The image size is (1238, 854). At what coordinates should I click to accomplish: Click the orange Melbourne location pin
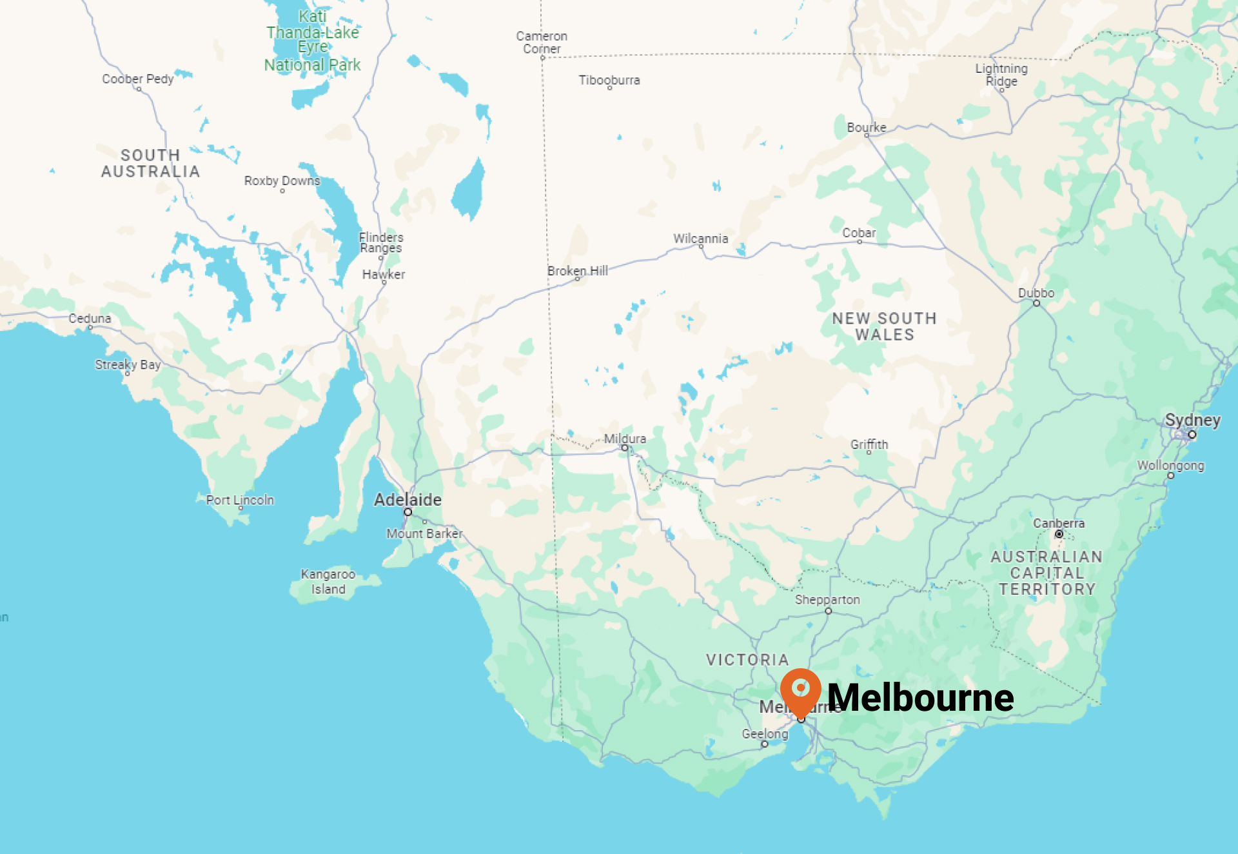pyautogui.click(x=800, y=690)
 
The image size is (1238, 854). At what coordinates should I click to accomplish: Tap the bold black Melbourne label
pyautogui.click(x=920, y=698)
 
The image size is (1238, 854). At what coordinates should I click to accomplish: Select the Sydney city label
pyautogui.click(x=1192, y=421)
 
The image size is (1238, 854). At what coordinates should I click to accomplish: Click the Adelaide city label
pyautogui.click(x=408, y=500)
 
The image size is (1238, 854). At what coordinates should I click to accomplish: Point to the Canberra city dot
pyautogui.click(x=1059, y=534)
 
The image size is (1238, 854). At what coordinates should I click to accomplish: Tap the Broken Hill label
pyautogui.click(x=577, y=271)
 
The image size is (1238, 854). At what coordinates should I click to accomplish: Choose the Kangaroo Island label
pyautogui.click(x=328, y=581)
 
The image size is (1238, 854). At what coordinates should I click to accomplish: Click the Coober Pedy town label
pyautogui.click(x=138, y=79)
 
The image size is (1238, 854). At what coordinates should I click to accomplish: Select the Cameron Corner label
pyautogui.click(x=542, y=43)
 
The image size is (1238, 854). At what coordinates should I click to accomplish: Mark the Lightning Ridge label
pyautogui.click(x=1001, y=75)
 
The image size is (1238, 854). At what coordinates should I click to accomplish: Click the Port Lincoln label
pyautogui.click(x=240, y=500)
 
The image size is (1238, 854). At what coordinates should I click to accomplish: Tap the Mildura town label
pyautogui.click(x=625, y=439)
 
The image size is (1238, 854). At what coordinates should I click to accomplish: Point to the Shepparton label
pyautogui.click(x=827, y=600)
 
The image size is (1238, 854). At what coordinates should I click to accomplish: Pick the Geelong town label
pyautogui.click(x=765, y=734)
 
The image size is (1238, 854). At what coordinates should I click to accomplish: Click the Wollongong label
pyautogui.click(x=1170, y=466)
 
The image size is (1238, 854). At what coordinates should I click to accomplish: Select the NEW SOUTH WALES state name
pyautogui.click(x=885, y=326)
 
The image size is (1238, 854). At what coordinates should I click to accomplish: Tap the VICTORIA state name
pyautogui.click(x=747, y=660)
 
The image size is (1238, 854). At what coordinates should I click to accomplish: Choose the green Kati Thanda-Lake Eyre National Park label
pyautogui.click(x=313, y=41)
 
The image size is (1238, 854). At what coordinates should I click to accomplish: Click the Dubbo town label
pyautogui.click(x=1036, y=293)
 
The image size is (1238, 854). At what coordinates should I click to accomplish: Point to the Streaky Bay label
pyautogui.click(x=128, y=364)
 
